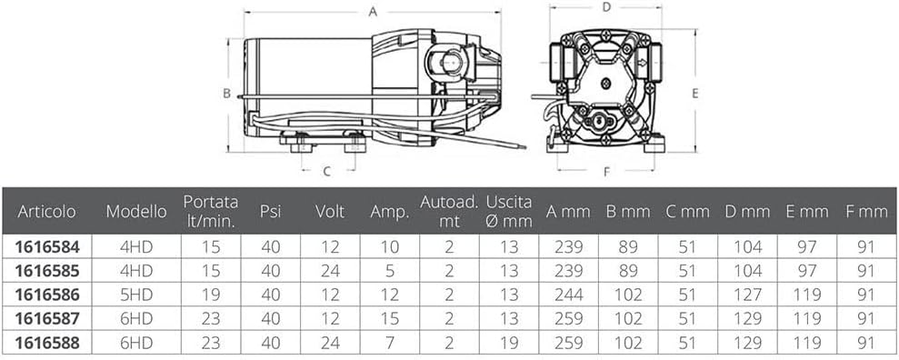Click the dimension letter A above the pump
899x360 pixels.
pos(373,12)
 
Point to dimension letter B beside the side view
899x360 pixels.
pos(226,94)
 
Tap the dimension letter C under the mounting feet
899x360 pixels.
pos(327,171)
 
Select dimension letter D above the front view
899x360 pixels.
pos(605,7)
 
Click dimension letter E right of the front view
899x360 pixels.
pos(694,94)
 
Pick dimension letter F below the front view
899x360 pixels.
pos(606,172)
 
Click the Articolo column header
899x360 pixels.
pos(46,212)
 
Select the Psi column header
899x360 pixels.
pos(271,212)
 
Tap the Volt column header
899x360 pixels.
pos(330,212)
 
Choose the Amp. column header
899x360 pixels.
pos(390,212)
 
